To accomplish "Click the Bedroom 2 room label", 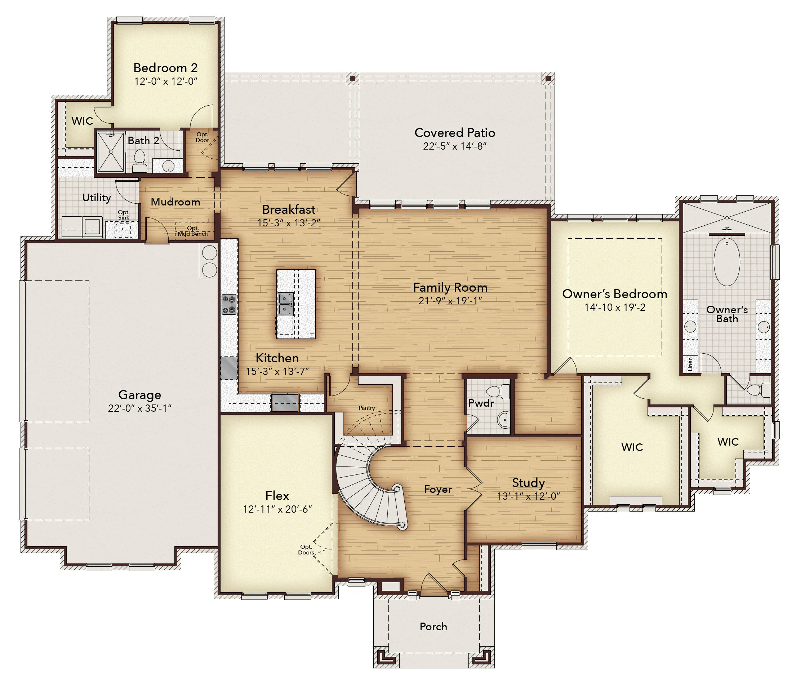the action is (x=165, y=68).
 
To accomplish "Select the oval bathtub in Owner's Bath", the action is (x=727, y=262).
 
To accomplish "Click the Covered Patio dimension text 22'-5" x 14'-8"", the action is (x=455, y=146).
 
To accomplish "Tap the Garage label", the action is (x=139, y=395).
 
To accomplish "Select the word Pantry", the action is (x=366, y=408).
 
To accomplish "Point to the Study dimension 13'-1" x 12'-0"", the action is (x=528, y=496).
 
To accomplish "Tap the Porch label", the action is (x=433, y=627).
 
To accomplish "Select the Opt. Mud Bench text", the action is (x=193, y=231).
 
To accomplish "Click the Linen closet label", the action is (x=690, y=364).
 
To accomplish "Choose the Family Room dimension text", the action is (x=450, y=301).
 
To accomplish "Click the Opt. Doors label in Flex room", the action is (x=306, y=550).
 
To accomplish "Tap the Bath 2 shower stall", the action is (x=111, y=152).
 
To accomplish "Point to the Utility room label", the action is (x=97, y=198).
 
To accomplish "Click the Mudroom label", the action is (x=175, y=202).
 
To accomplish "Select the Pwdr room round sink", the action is (x=503, y=419).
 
